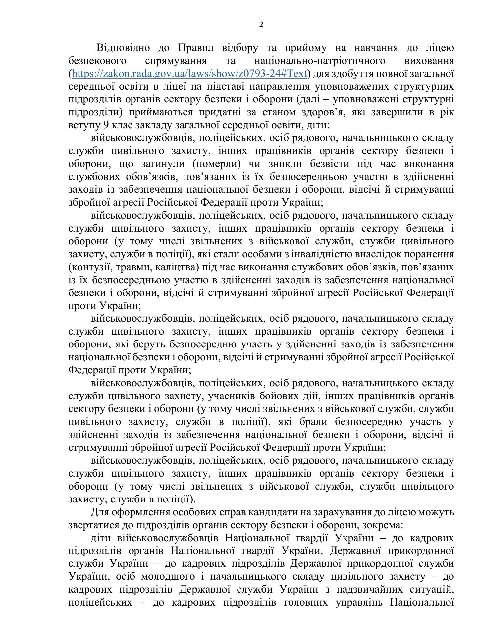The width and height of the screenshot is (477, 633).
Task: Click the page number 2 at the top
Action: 261,25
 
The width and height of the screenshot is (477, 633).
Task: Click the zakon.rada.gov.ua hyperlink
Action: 189,73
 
